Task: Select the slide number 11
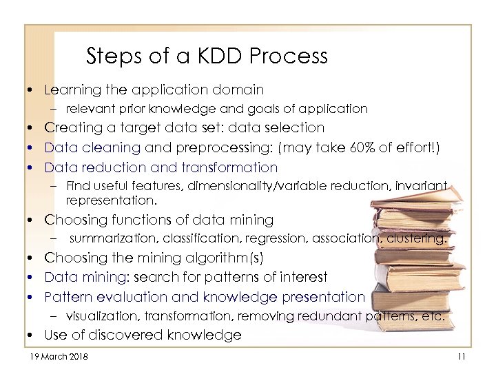pos(462,356)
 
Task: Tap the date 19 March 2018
pos(59,356)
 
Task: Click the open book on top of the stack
pos(413,207)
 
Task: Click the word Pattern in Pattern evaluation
pos(66,297)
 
